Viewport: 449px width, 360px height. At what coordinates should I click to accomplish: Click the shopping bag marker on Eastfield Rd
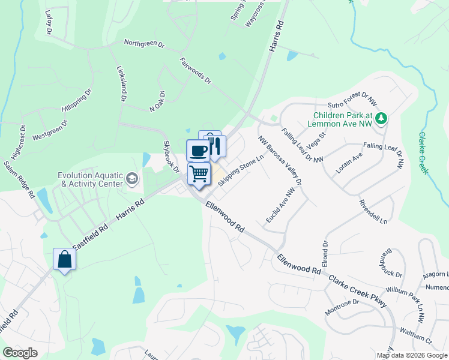(x=64, y=259)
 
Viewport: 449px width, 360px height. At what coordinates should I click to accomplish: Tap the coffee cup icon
(x=198, y=150)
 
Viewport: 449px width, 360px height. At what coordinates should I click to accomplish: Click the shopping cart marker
(x=199, y=173)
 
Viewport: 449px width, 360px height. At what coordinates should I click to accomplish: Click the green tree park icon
(x=381, y=119)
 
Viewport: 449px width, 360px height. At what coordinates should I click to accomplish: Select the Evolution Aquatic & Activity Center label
(x=90, y=179)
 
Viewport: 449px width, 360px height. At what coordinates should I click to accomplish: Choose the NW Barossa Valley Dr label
(x=280, y=160)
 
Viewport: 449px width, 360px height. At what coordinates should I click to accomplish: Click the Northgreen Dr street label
(x=144, y=43)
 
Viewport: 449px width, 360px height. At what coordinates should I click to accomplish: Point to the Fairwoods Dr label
(x=196, y=71)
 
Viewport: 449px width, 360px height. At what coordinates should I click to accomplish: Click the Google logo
(x=20, y=353)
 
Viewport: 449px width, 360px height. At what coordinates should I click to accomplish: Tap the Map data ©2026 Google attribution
(x=412, y=355)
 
